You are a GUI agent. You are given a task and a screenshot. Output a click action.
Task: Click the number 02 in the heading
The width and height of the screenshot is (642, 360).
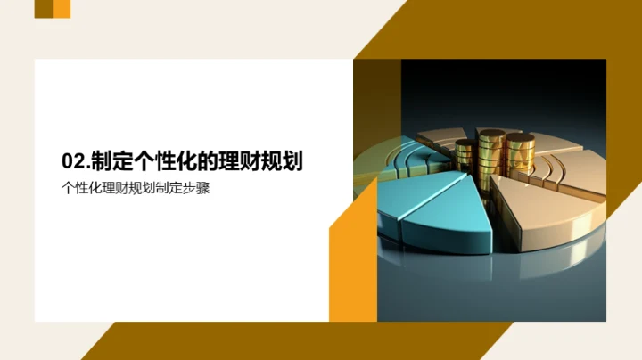point(71,160)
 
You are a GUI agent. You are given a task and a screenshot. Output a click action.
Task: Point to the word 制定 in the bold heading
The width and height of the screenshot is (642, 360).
point(107,160)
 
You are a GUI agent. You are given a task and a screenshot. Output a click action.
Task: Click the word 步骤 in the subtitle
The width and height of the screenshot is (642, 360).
point(197,188)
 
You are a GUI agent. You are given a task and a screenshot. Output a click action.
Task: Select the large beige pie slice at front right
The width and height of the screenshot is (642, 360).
point(544,214)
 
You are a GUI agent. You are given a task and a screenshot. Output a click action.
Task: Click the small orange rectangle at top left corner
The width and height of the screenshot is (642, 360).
point(62,9)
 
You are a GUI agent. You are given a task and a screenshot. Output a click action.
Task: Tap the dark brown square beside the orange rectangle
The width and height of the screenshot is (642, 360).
point(43,9)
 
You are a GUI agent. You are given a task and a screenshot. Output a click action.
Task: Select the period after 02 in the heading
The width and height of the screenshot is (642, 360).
point(86,166)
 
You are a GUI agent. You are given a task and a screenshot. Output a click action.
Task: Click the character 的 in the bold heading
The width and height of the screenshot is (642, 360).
point(210,160)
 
